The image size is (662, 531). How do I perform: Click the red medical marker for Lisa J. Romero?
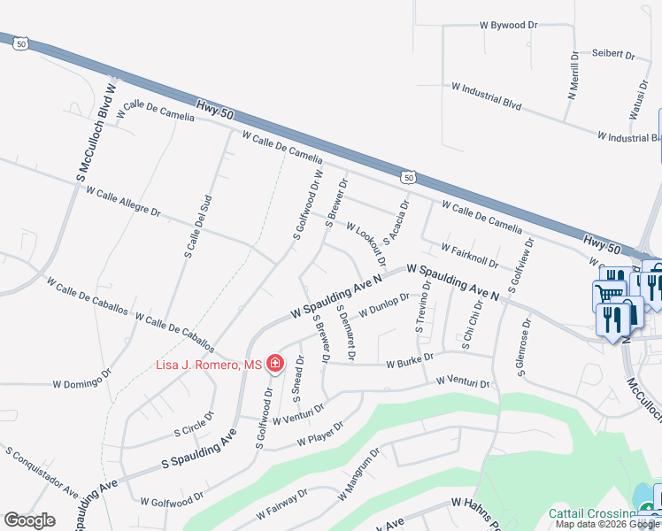[274, 364]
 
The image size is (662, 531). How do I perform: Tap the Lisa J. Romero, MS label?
[210, 365]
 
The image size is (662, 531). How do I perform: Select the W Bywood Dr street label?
[508, 26]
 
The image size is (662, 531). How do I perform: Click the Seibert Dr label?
[614, 55]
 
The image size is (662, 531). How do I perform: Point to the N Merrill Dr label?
[573, 74]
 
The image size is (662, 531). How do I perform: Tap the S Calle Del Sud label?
[197, 227]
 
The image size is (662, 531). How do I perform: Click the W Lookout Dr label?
[366, 245]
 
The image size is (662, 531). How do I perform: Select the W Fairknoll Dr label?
[469, 255]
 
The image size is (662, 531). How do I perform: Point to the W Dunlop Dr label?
[383, 309]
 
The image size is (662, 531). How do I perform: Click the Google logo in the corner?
[29, 520]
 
